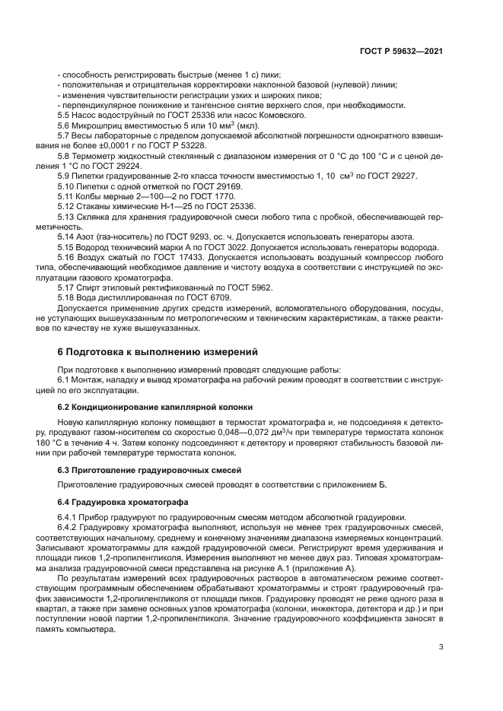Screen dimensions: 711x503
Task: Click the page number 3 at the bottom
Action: pyautogui.click(x=441, y=647)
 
